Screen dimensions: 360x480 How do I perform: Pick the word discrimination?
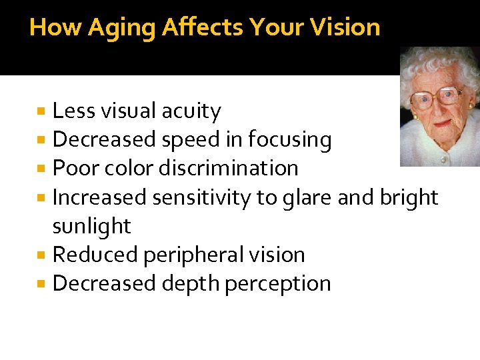(x=228, y=168)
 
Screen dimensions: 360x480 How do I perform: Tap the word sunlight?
(x=91, y=226)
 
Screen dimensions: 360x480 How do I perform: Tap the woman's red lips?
(x=441, y=123)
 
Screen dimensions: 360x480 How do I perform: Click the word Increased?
(x=99, y=197)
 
